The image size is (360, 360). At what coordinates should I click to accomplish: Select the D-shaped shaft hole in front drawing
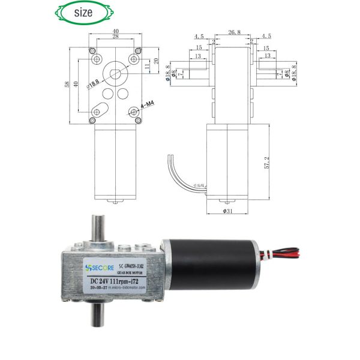pos(115,74)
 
